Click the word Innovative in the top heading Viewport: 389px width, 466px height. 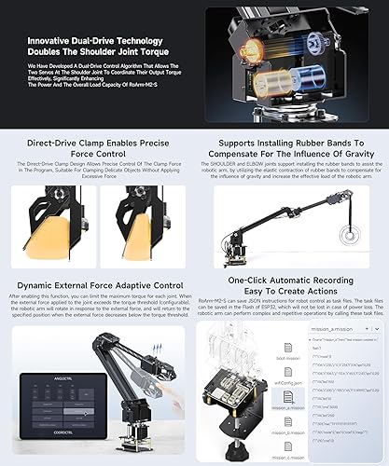52,42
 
